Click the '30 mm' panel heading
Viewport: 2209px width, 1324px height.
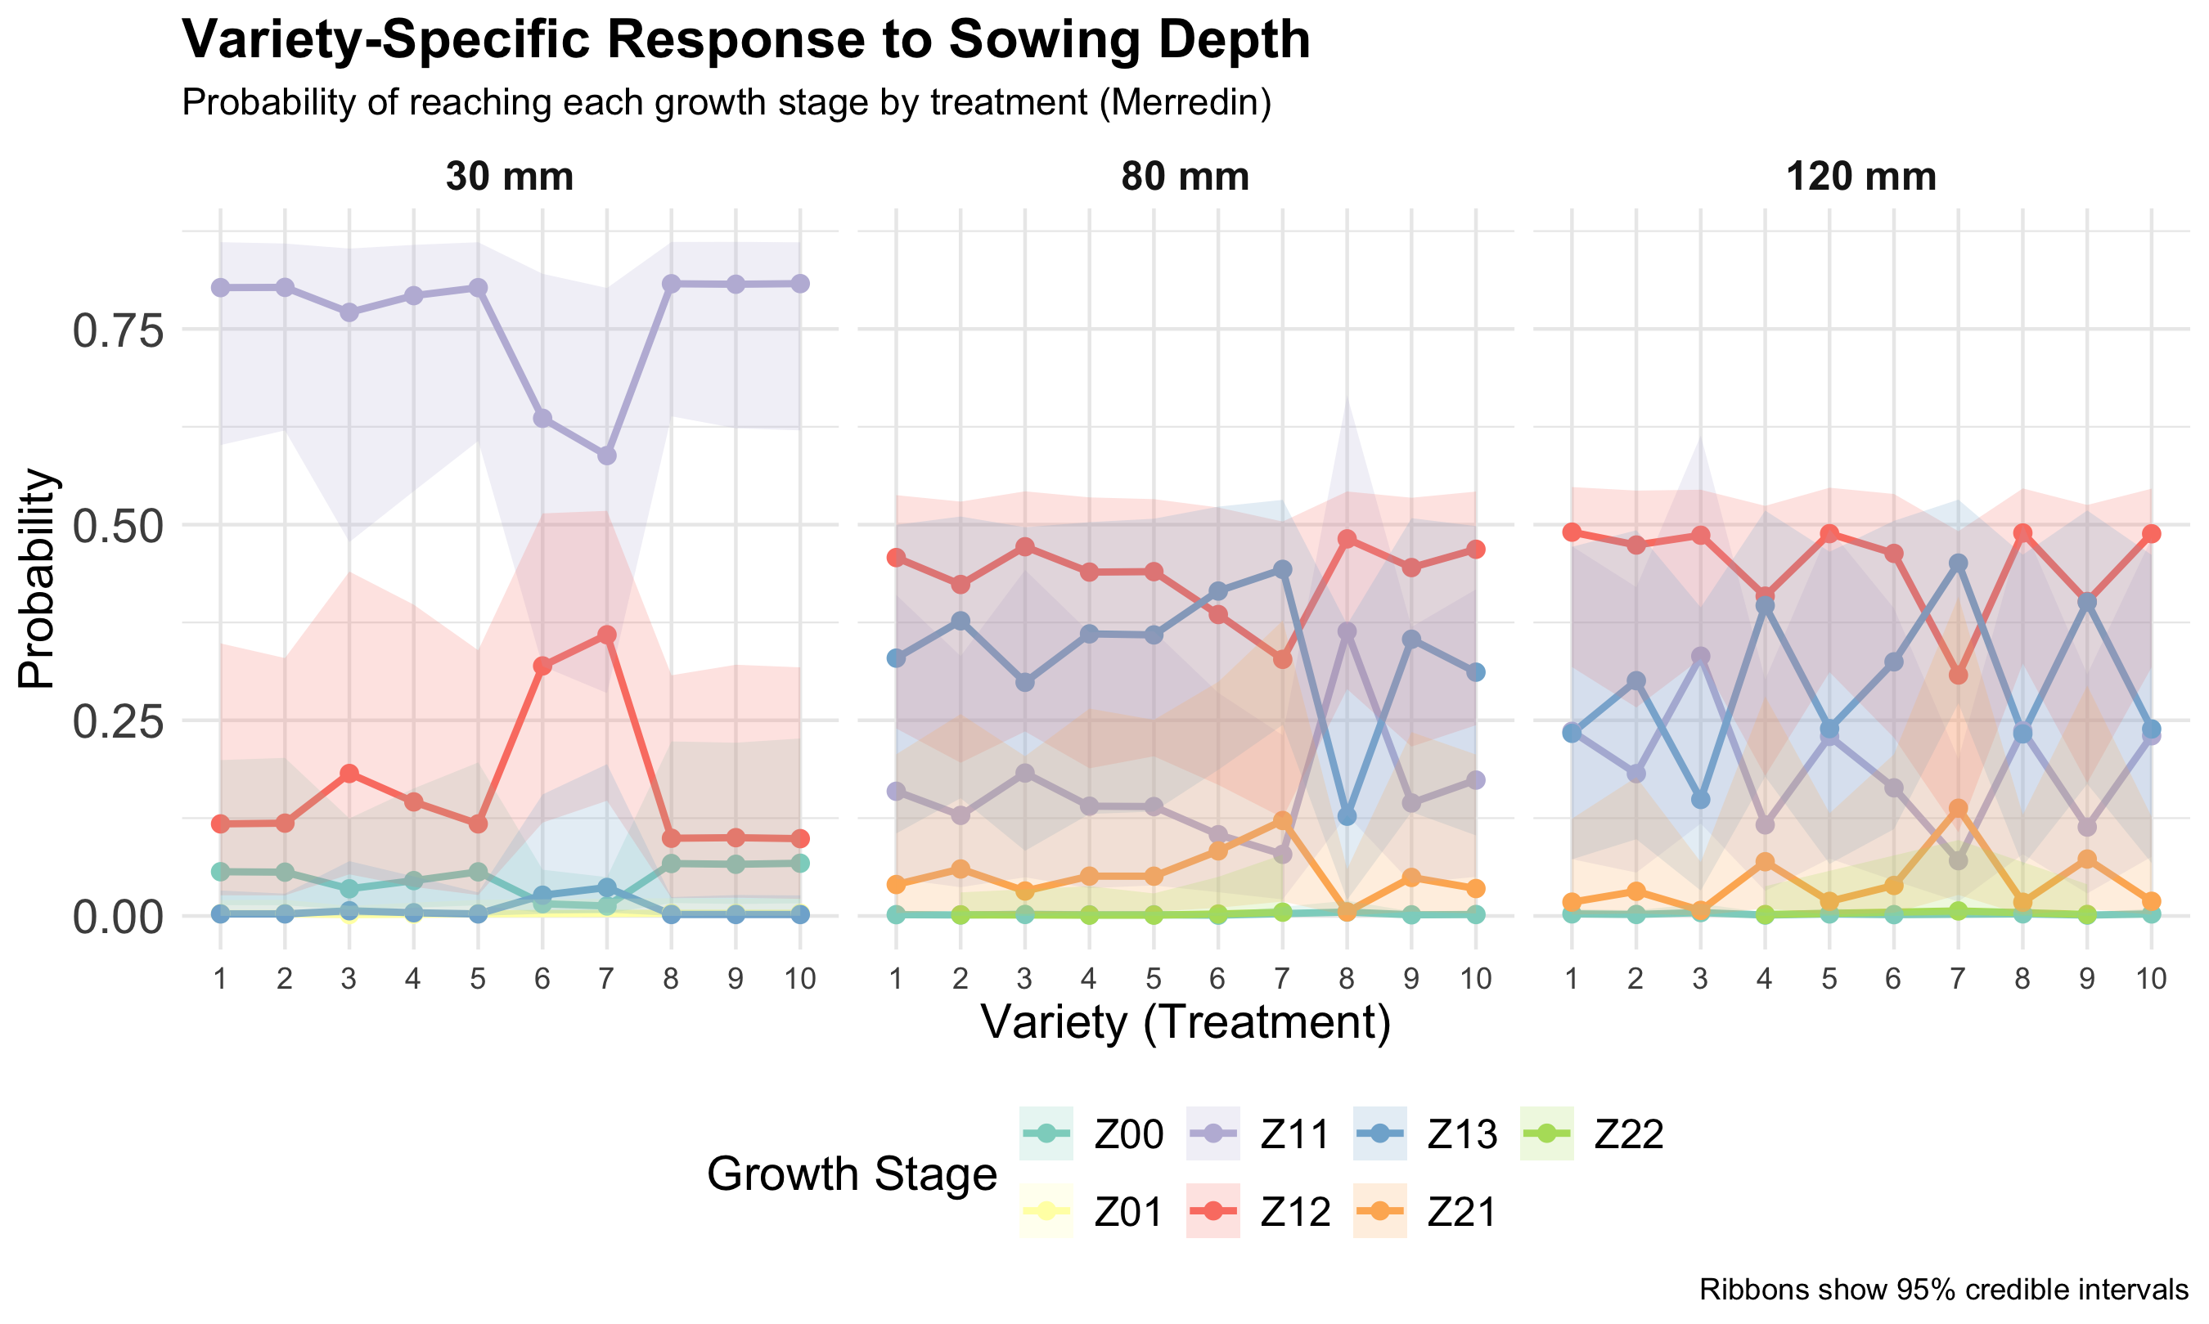pyautogui.click(x=509, y=177)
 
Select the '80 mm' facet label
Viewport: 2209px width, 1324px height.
pyautogui.click(x=1185, y=177)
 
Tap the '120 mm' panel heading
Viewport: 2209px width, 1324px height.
pyautogui.click(x=1861, y=177)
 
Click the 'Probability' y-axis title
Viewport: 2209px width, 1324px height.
pyautogui.click(x=38, y=578)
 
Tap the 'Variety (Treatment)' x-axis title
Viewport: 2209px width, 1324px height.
pyautogui.click(x=1185, y=1023)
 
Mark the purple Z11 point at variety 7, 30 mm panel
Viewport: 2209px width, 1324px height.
pyautogui.click(x=606, y=456)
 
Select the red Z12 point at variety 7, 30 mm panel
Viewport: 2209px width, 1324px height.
pyautogui.click(x=606, y=635)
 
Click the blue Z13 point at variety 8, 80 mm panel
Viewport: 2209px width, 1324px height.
pyautogui.click(x=1347, y=816)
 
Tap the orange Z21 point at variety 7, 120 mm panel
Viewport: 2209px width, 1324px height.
pyautogui.click(x=1957, y=808)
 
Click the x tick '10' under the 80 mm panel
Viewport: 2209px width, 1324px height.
pyautogui.click(x=1475, y=980)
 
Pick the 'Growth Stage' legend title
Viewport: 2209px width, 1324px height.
pyautogui.click(x=852, y=1174)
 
